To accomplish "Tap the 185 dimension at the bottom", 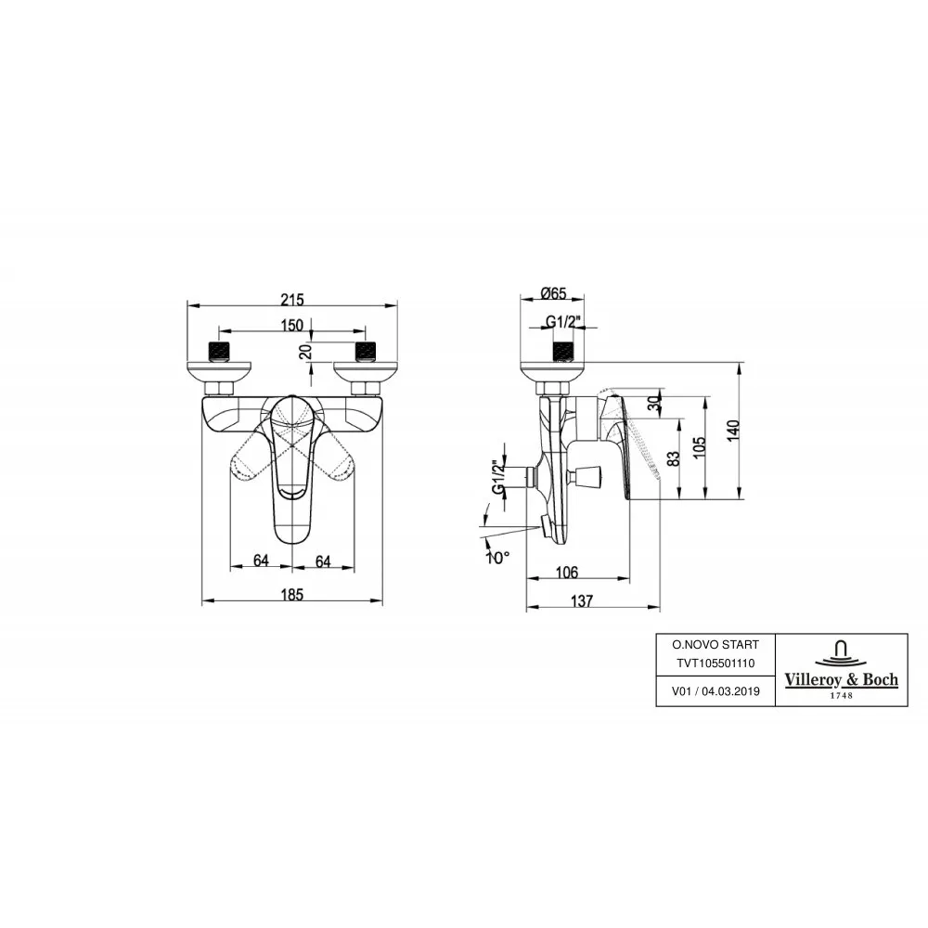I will (x=292, y=595).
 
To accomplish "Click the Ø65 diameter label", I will (x=554, y=294).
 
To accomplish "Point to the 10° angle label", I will (x=498, y=558).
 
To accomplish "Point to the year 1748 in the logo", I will (x=841, y=697).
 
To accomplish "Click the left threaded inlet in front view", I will (x=220, y=351).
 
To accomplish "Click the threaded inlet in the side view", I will (x=561, y=351).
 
